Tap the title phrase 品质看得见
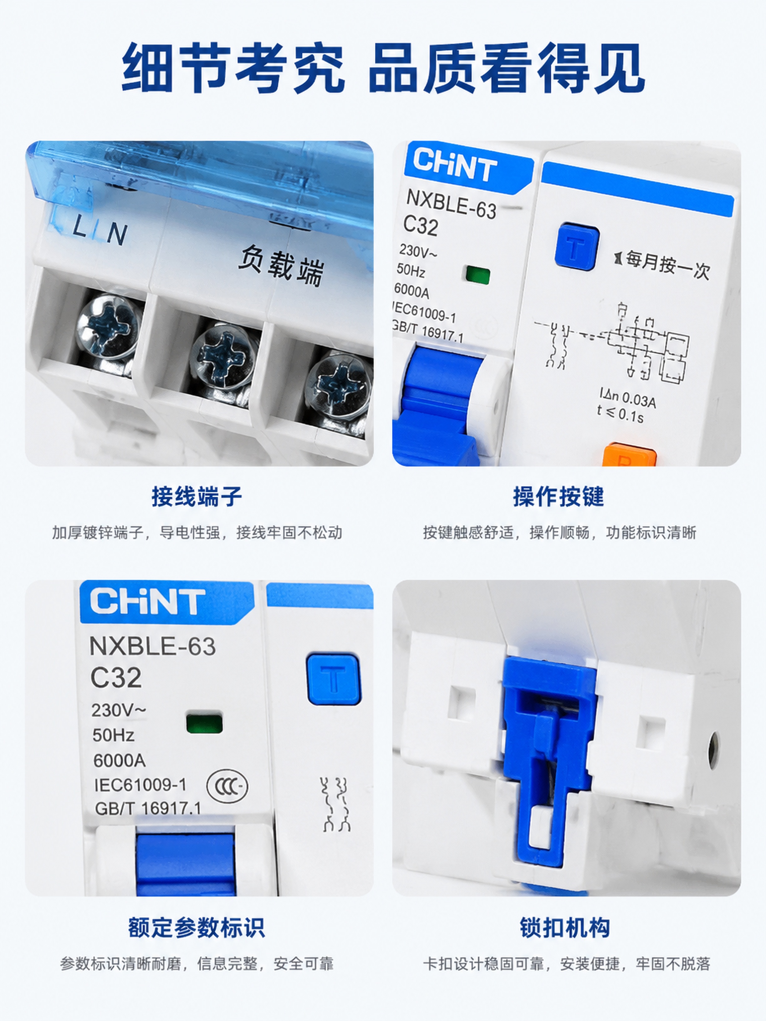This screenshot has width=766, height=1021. pyautogui.click(x=507, y=68)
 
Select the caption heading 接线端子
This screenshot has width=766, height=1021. pyautogui.click(x=197, y=497)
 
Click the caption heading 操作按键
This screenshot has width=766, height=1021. pyautogui.click(x=559, y=497)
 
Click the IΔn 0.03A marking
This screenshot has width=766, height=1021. pyautogui.click(x=627, y=398)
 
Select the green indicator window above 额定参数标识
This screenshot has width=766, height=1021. pyautogui.click(x=204, y=723)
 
